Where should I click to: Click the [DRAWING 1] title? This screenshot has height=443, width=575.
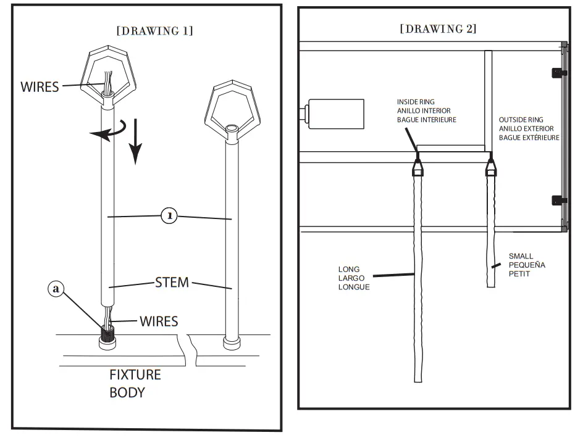[154, 31]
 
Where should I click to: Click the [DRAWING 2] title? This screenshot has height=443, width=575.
[438, 28]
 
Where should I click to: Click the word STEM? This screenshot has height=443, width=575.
[171, 284]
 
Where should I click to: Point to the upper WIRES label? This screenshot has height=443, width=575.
[40, 86]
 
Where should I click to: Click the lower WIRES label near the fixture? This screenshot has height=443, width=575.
[159, 321]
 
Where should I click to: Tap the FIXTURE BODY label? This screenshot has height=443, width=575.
[135, 383]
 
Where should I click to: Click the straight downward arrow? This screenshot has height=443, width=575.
[136, 148]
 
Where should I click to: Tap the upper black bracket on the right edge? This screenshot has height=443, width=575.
[558, 72]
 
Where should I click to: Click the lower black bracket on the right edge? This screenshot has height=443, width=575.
[558, 200]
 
